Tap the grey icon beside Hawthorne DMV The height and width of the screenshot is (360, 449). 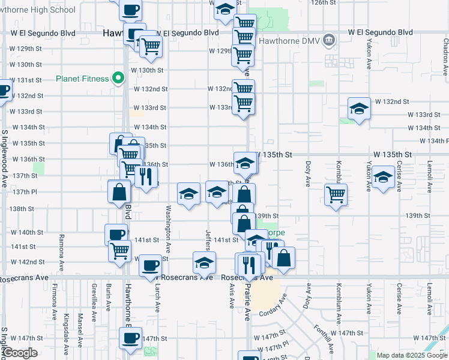pos(328,41)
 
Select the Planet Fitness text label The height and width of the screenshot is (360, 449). pos(82,78)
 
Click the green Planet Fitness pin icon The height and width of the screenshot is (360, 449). pos(119,77)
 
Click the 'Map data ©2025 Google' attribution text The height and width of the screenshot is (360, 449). pos(412,355)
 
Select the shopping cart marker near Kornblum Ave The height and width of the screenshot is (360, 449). pos(336,194)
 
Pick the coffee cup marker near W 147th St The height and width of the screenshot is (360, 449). pos(130,337)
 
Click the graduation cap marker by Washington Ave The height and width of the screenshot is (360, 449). pos(188,194)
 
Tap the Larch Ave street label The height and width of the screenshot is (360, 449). pos(158,299)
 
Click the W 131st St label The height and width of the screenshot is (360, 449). pos(26,80)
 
